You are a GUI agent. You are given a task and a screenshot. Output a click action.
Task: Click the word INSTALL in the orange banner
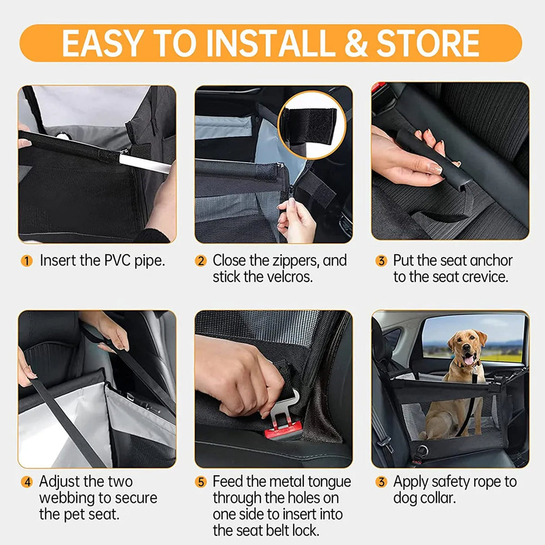(271, 43)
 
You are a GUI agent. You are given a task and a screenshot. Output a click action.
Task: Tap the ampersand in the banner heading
(356, 43)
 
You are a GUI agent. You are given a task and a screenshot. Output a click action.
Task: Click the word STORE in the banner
(428, 43)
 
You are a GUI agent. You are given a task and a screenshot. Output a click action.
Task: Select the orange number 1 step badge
(27, 261)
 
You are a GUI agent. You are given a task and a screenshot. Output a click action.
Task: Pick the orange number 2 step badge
(201, 261)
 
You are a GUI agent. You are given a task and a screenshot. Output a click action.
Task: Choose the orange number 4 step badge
(27, 482)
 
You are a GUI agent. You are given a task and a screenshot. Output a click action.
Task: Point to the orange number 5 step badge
(201, 482)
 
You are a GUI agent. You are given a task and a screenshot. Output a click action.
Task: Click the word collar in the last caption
(439, 498)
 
